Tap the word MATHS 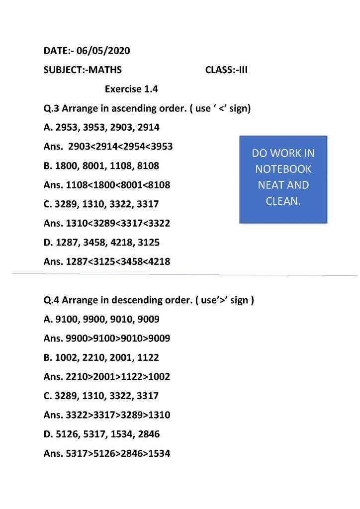click(x=104, y=70)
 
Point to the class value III click(x=241, y=70)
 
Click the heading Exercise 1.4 click(x=131, y=89)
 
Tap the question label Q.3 click(x=52, y=108)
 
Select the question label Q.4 click(x=52, y=300)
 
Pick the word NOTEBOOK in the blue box click(x=283, y=169)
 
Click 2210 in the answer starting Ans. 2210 click(x=76, y=377)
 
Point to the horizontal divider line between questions click(x=179, y=274)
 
